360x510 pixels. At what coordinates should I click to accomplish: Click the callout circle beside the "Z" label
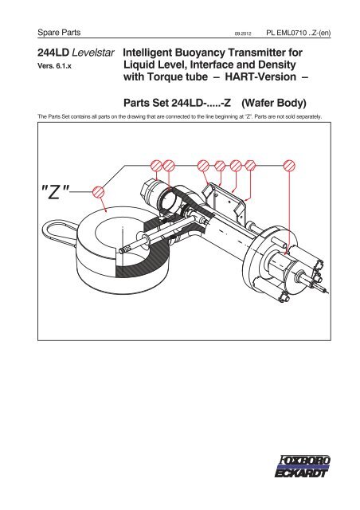click(98, 192)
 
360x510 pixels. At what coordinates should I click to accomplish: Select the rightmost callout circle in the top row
click(290, 166)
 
